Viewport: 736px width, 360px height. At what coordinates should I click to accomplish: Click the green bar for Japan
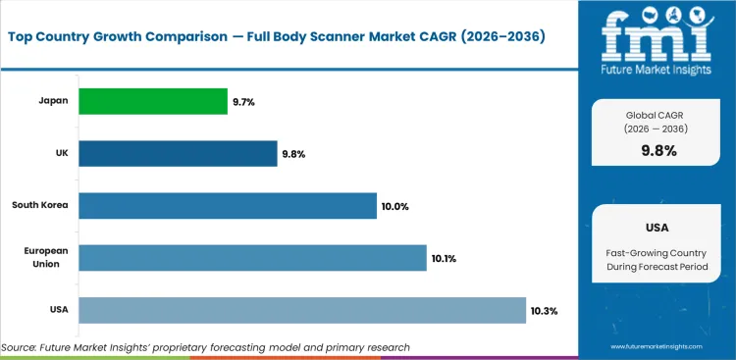pyautogui.click(x=152, y=101)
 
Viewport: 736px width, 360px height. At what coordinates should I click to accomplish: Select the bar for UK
pyautogui.click(x=178, y=153)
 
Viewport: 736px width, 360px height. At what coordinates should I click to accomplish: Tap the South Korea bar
pyautogui.click(x=227, y=205)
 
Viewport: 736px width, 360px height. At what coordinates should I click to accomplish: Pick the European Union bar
pyautogui.click(x=252, y=258)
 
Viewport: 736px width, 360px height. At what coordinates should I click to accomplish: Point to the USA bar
pyautogui.click(x=302, y=310)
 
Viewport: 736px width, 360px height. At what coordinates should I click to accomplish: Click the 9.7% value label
pyautogui.click(x=243, y=102)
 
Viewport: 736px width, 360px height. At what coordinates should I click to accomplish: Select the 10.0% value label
pyautogui.click(x=394, y=206)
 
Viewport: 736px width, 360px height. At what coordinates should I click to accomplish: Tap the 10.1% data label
pyautogui.click(x=444, y=259)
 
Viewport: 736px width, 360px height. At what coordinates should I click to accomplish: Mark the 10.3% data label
pyautogui.click(x=544, y=311)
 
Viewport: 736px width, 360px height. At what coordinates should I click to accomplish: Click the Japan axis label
pyautogui.click(x=53, y=101)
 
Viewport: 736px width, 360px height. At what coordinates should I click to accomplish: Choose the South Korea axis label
pyautogui.click(x=39, y=205)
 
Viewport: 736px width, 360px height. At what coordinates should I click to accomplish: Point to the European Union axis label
pyautogui.click(x=45, y=258)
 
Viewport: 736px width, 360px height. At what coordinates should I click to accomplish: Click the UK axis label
pyautogui.click(x=61, y=153)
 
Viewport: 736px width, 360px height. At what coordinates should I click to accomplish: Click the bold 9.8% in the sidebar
pyautogui.click(x=657, y=151)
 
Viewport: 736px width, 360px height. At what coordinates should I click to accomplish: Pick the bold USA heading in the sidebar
pyautogui.click(x=657, y=227)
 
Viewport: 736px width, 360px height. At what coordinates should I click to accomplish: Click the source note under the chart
pyautogui.click(x=205, y=347)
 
